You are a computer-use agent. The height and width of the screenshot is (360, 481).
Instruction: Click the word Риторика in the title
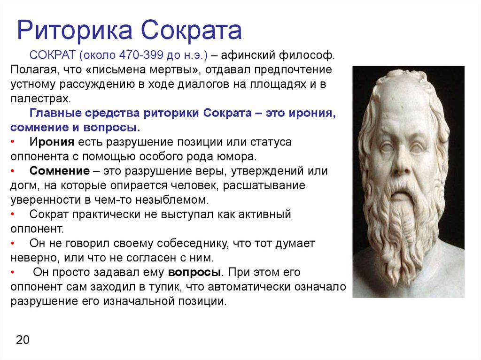pos(75,31)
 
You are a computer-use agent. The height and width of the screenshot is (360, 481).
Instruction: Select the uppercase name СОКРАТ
pos(53,55)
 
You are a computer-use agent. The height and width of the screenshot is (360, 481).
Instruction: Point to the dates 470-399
pos(141,55)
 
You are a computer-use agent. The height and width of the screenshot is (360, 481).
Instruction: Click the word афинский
pos(247,55)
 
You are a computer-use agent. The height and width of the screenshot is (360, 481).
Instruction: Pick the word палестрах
pos(41,99)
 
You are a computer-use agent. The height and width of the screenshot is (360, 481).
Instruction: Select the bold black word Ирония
pos(52,142)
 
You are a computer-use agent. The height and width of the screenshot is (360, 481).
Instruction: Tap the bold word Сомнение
pos(60,171)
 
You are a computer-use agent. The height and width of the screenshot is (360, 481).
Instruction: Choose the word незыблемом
pos(172,200)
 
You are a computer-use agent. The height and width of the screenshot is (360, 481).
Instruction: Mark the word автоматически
pos(249,287)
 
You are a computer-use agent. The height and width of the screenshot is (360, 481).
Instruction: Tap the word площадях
pos(278,84)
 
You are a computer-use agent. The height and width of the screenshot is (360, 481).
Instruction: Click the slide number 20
pos(23,340)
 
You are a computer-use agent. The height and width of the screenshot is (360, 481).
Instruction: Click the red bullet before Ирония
pos(13,142)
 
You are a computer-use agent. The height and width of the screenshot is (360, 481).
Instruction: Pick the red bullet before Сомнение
pos(13,171)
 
